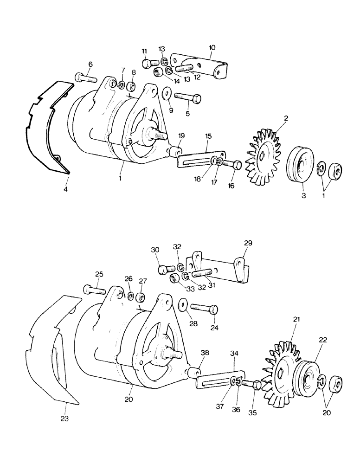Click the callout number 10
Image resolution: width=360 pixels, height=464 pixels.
[x=212, y=48]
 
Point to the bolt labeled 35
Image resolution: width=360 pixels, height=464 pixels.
[x=251, y=385]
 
